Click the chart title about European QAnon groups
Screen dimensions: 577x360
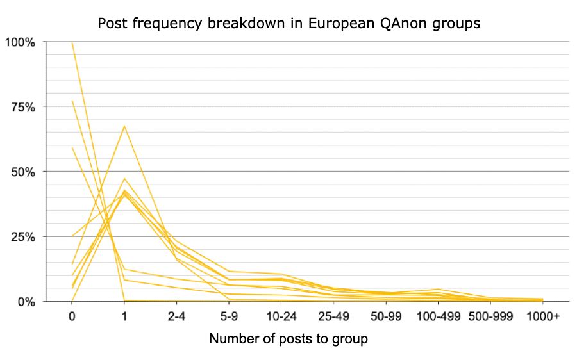coord(289,24)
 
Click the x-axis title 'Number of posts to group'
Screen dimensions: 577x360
coord(288,339)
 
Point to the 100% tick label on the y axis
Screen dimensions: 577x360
coord(20,42)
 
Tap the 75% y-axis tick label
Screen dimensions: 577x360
coord(23,108)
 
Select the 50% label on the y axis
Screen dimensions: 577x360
coord(23,172)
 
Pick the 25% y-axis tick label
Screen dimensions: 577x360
coord(23,237)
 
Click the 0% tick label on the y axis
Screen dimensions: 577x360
coord(26,302)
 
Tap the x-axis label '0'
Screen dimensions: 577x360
coord(72,316)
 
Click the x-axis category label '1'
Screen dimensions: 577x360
coord(124,316)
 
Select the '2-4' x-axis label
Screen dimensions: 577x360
coord(177,316)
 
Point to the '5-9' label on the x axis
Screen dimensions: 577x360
coord(229,316)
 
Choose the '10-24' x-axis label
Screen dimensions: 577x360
coord(281,316)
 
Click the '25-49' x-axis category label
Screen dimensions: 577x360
coord(334,316)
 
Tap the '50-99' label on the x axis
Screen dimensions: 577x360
coord(386,316)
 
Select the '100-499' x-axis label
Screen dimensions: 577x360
coord(439,316)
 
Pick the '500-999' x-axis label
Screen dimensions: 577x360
coord(490,316)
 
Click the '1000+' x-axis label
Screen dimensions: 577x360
coord(543,316)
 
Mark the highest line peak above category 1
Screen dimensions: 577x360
coord(124,126)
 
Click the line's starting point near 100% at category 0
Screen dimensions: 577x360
coord(72,43)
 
